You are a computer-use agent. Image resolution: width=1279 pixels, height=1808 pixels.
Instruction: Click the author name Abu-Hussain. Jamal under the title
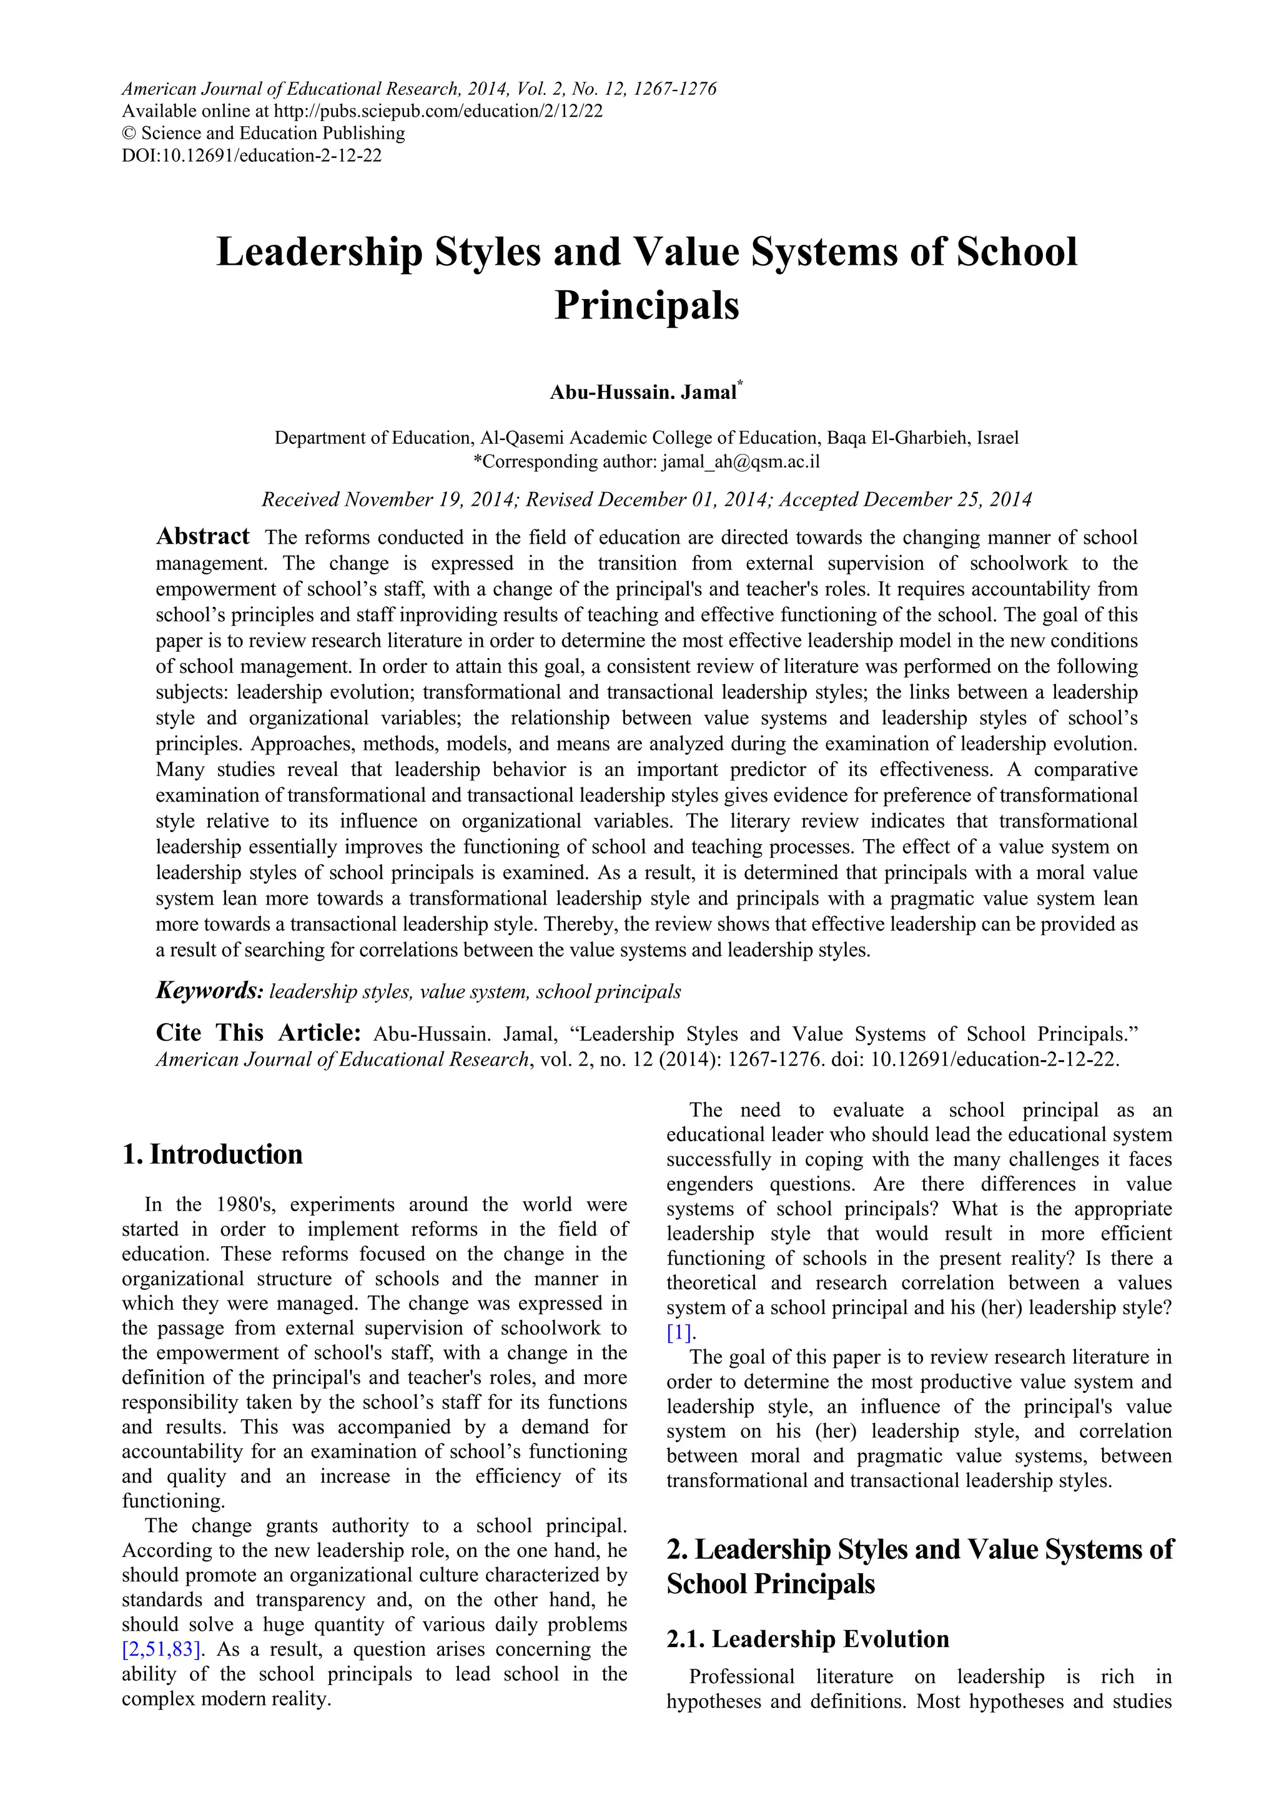click(x=642, y=392)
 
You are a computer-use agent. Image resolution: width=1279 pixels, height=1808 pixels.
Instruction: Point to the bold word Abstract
click(x=202, y=536)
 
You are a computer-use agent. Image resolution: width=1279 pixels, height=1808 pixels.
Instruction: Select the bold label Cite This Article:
click(x=259, y=1033)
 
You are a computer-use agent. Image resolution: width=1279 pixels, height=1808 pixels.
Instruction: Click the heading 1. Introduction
click(x=212, y=1154)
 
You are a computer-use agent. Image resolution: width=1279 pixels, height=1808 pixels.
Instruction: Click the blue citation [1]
click(x=679, y=1332)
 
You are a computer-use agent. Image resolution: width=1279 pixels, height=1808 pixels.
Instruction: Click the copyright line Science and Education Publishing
click(x=272, y=133)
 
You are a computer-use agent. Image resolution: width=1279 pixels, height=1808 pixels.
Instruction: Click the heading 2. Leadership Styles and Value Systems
click(x=919, y=1549)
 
